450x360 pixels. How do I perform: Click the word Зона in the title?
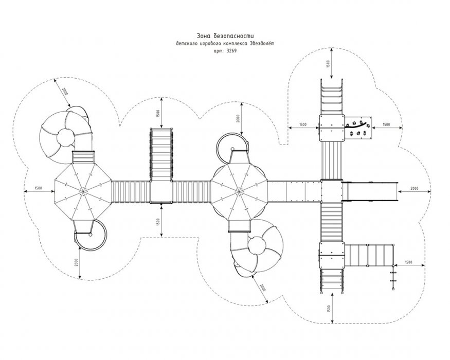(203, 36)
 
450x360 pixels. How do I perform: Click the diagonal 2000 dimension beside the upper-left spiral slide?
(65, 92)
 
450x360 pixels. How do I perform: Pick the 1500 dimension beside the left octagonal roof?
(38, 188)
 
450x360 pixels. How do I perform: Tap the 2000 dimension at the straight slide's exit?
(414, 188)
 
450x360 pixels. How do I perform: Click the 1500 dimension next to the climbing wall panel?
(386, 124)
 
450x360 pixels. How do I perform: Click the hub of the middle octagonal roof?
(239, 190)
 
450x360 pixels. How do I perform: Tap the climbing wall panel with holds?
(358, 128)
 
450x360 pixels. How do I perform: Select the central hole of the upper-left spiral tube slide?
(66, 138)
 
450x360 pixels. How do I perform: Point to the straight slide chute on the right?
(370, 192)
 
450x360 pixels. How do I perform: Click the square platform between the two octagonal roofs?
(161, 192)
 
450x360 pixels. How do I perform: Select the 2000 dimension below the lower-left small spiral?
(76, 262)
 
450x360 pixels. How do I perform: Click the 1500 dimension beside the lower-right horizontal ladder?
(408, 262)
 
